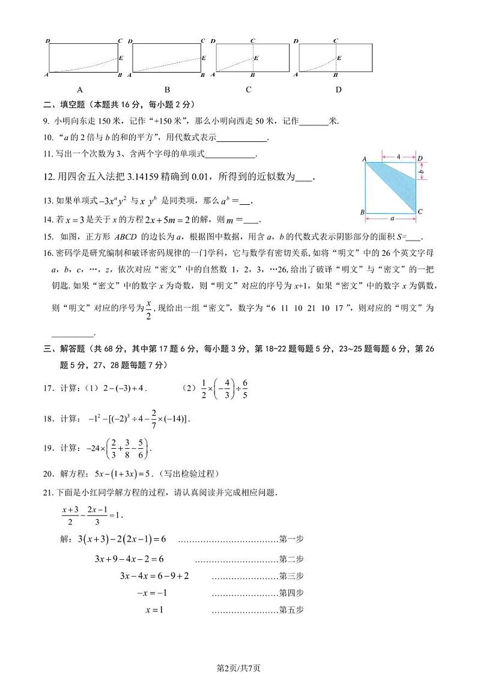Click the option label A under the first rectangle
[80, 90]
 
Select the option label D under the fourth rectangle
[338, 90]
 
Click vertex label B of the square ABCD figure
[362, 213]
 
